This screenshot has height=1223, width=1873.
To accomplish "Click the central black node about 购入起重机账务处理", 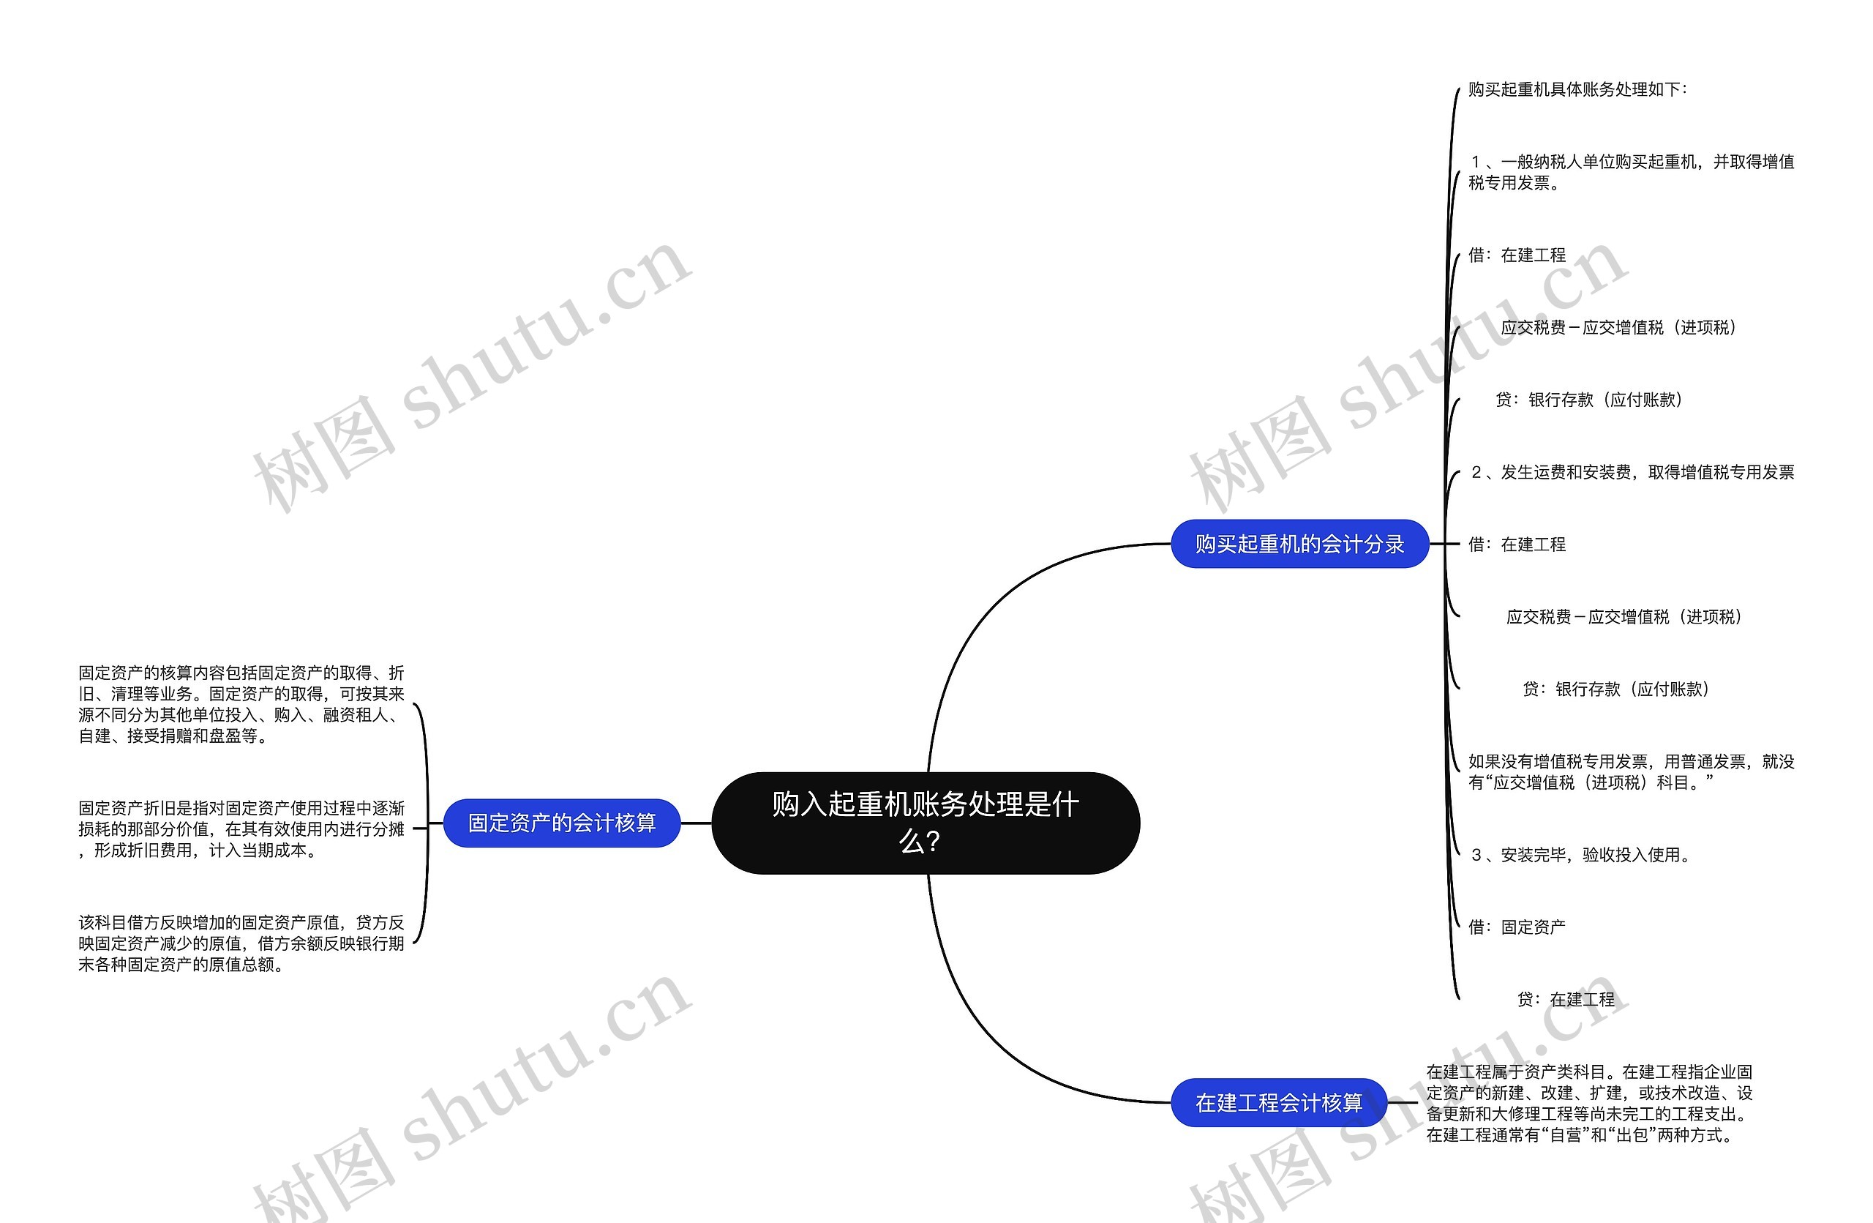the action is pyautogui.click(x=925, y=823).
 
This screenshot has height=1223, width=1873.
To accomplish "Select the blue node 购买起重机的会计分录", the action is pyautogui.click(x=1299, y=544).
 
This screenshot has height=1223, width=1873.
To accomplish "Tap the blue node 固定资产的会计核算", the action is pyautogui.click(x=561, y=823).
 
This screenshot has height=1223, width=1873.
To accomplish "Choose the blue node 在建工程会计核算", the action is pyautogui.click(x=1278, y=1102).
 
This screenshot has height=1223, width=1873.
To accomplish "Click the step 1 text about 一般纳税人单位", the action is pyautogui.click(x=1631, y=172).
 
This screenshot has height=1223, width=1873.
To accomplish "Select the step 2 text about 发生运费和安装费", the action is pyautogui.click(x=1632, y=472).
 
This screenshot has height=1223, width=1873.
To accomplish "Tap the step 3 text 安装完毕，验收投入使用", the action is pyautogui.click(x=1580, y=855).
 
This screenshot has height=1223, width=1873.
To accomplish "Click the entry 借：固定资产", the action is pyautogui.click(x=1517, y=927).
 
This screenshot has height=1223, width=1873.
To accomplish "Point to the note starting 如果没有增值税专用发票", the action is pyautogui.click(x=1631, y=772).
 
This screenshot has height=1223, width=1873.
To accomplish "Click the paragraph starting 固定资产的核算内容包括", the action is pyautogui.click(x=241, y=704).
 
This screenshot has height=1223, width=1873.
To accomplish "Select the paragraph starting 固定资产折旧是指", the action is pyautogui.click(x=241, y=829).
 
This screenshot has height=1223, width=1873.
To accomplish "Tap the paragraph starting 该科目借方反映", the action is pyautogui.click(x=241, y=943).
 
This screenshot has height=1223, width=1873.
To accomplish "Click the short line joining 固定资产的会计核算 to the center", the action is pyautogui.click(x=696, y=823).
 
